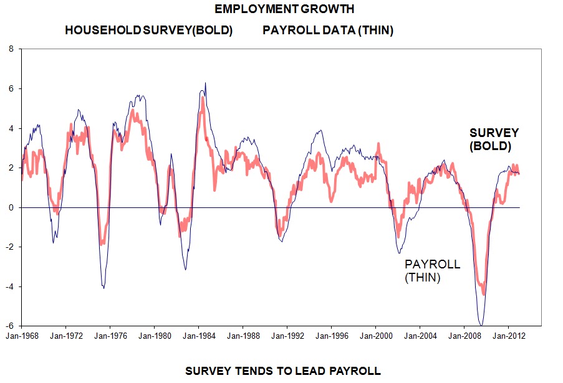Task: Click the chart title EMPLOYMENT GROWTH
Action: click(x=284, y=9)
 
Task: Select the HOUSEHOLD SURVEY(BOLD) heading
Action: click(x=148, y=31)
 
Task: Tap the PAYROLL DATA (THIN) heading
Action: click(x=328, y=31)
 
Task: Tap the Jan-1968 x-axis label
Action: click(x=22, y=336)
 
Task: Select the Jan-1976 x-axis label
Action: click(x=110, y=336)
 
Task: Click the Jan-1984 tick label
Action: click(x=198, y=336)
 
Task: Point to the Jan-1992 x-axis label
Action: click(x=287, y=336)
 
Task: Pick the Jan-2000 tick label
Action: click(x=375, y=336)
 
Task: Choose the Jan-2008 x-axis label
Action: click(x=463, y=336)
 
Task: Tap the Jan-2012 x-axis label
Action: click(x=508, y=336)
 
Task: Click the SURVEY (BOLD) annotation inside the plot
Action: click(x=494, y=139)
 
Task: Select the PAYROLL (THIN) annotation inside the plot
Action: click(x=433, y=271)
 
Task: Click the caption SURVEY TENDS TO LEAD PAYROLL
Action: click(x=282, y=371)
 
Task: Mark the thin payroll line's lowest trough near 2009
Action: click(x=481, y=324)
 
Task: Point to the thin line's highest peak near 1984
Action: click(x=205, y=83)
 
